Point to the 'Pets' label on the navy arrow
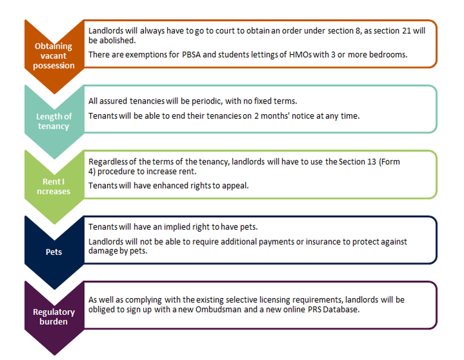pos(54,252)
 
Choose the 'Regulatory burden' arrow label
pos(54,317)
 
